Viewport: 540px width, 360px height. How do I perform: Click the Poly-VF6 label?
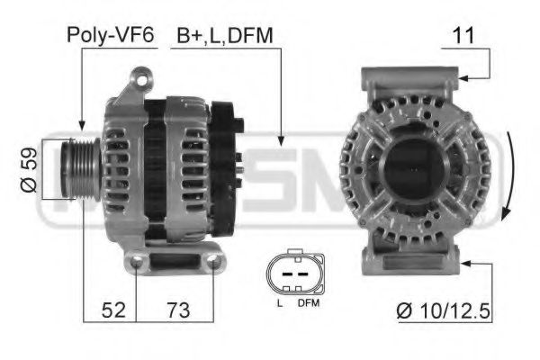pos(109,35)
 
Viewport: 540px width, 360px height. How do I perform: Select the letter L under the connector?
pos(280,304)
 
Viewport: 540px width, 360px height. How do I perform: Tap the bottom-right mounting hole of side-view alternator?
pos(214,262)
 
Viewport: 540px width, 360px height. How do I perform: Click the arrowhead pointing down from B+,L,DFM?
pos(282,140)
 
